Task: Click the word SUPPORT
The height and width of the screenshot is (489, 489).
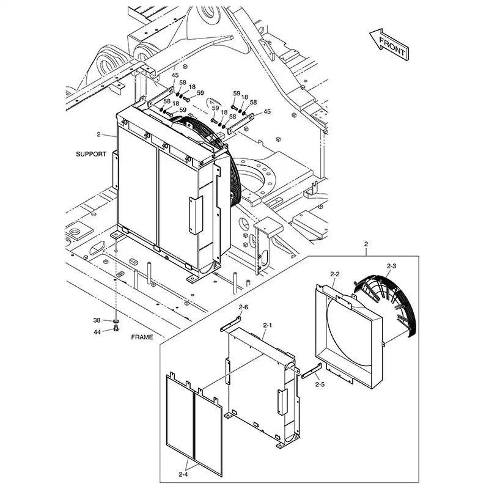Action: click(x=92, y=153)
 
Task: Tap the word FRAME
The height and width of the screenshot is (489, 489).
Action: click(x=141, y=337)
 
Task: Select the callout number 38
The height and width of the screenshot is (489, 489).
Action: click(x=97, y=320)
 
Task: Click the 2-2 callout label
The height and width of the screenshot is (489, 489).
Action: click(x=334, y=274)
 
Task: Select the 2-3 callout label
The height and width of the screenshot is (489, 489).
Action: click(x=392, y=266)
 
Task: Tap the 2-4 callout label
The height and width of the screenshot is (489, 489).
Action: click(x=183, y=473)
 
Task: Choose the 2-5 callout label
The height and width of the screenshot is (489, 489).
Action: click(x=320, y=384)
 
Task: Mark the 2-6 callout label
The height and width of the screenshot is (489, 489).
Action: click(x=243, y=307)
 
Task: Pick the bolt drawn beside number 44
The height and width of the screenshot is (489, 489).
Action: click(x=115, y=330)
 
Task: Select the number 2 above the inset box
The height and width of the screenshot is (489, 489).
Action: click(x=366, y=244)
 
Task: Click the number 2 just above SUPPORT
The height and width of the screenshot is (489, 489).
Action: click(x=98, y=134)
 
